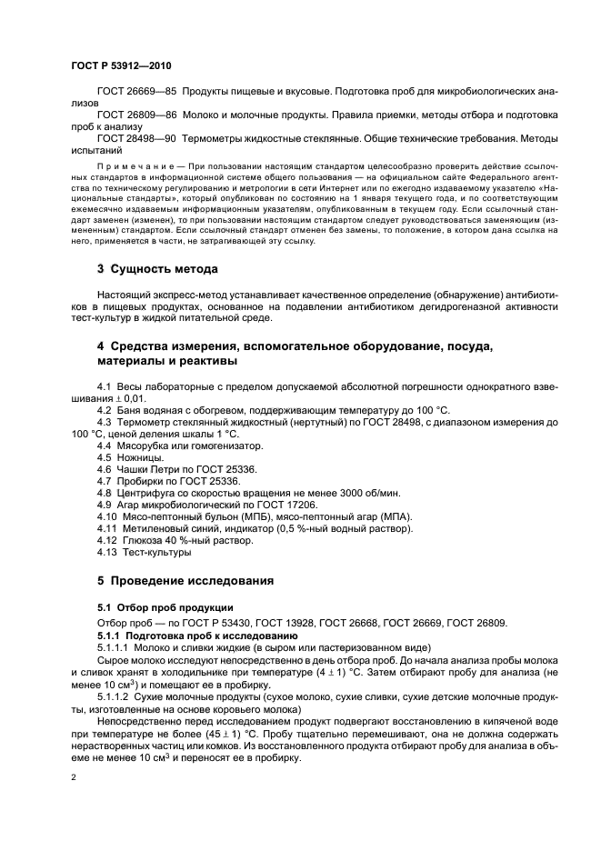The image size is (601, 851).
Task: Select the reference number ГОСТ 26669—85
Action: [136, 94]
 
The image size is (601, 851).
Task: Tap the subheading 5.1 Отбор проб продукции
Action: [153, 607]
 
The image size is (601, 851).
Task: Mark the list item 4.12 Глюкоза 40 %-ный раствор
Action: [167, 540]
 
